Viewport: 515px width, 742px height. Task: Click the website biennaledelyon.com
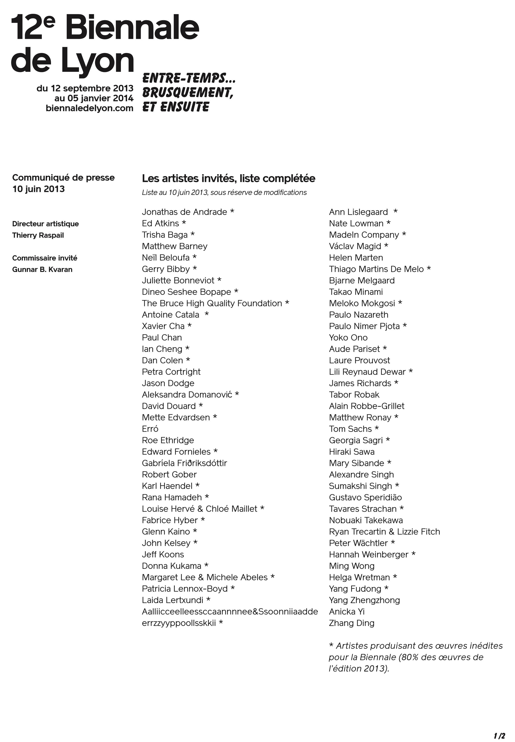pos(89,108)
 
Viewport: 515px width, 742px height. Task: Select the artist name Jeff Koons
pos(163,554)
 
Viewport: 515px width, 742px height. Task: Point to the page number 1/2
pos(499,727)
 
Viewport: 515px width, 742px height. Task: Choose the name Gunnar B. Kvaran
pos(42,269)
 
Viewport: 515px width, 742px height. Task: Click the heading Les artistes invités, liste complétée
pos(228,178)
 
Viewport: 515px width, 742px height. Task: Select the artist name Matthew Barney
pos(175,246)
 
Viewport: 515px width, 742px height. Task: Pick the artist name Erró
pos(150,429)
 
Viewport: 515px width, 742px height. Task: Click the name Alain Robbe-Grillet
pos(367,406)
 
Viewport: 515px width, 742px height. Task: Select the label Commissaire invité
pos(45,258)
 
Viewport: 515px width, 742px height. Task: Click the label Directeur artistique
pos(45,224)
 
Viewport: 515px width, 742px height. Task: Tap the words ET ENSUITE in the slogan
pos(176,107)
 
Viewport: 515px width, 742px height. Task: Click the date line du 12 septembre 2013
pos(85,88)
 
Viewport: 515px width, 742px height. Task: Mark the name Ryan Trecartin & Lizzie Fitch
pos(384,531)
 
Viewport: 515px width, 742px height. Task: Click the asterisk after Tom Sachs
pos(377,428)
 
